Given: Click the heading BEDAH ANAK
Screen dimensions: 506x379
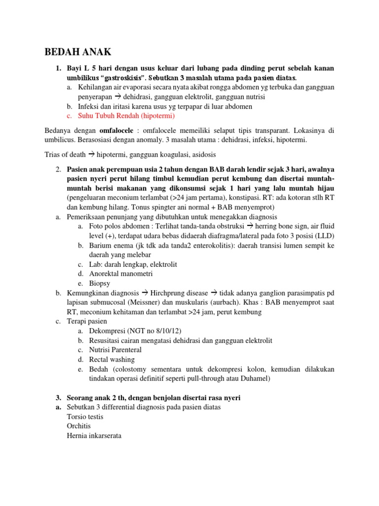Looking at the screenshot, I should coord(78,52).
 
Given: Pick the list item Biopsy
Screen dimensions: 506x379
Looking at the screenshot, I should coord(100,283).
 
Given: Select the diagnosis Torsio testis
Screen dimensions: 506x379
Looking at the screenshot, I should coord(85,417).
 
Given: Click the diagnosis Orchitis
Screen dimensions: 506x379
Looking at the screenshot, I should coord(79,426).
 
